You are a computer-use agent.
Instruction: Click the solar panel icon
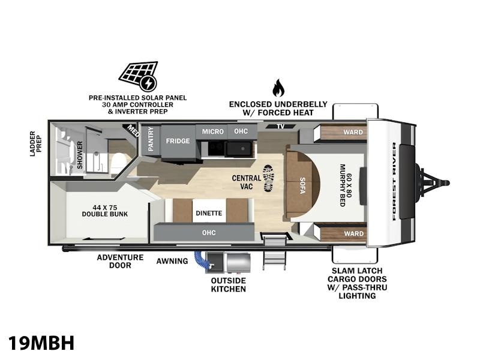[139, 76]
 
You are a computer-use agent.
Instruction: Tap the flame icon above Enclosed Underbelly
[278, 88]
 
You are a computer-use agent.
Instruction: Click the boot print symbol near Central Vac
[268, 178]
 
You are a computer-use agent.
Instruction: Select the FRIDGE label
[178, 141]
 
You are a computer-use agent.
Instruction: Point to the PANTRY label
[151, 139]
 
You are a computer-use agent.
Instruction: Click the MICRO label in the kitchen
[213, 131]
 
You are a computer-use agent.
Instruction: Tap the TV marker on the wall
[280, 126]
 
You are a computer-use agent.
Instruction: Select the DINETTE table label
[209, 213]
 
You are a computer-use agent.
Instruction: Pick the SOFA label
[302, 185]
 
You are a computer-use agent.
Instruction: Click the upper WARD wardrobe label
[353, 132]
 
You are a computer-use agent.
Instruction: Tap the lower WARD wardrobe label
[353, 233]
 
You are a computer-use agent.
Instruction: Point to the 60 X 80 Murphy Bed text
[346, 185]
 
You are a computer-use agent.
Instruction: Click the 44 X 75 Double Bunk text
[104, 211]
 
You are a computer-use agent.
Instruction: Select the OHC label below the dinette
[209, 233]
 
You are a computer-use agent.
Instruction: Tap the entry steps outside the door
[275, 253]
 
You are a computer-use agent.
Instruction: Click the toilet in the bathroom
[118, 163]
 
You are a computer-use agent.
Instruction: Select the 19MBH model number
[41, 343]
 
